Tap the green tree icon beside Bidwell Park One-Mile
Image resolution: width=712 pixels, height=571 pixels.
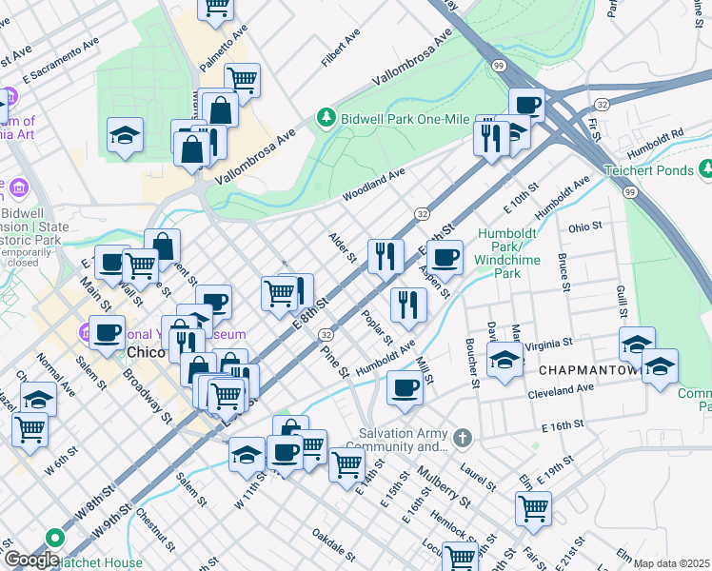326,116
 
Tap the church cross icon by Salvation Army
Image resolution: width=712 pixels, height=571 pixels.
462,439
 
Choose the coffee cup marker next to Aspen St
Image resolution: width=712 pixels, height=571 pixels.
445,255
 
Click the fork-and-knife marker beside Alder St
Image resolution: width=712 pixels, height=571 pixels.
386,255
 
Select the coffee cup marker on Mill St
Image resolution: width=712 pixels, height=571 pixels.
405,386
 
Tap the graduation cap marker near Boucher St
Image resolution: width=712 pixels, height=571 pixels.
504,360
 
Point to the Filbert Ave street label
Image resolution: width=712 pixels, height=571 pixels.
341,48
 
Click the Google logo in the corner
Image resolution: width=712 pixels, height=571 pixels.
31,560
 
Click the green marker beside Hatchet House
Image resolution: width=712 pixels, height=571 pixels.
54,537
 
